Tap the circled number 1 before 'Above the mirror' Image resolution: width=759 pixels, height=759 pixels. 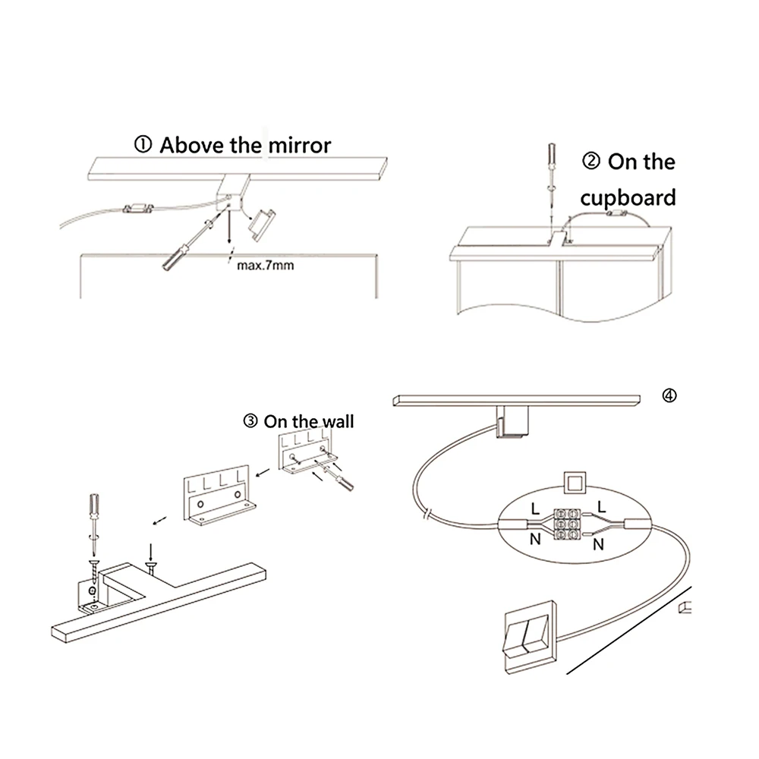144,145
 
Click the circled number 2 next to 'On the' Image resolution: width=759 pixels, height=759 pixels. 591,162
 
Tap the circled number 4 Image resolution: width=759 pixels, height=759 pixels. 668,395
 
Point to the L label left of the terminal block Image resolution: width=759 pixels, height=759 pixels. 535,509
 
